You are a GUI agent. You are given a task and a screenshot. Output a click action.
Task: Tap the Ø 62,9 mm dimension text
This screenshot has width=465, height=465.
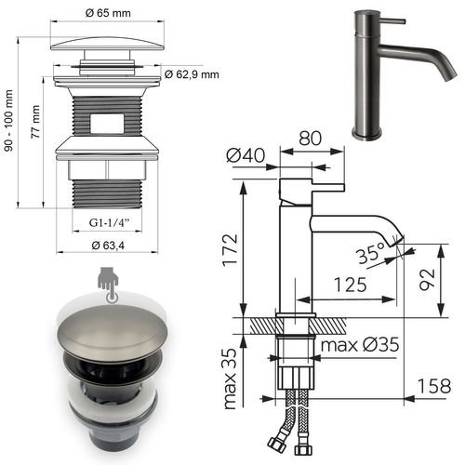[x=191, y=74]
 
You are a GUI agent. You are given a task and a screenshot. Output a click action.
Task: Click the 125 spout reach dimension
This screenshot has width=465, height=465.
[x=350, y=286]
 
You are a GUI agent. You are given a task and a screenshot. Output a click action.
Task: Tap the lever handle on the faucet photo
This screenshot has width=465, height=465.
[x=392, y=19]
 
